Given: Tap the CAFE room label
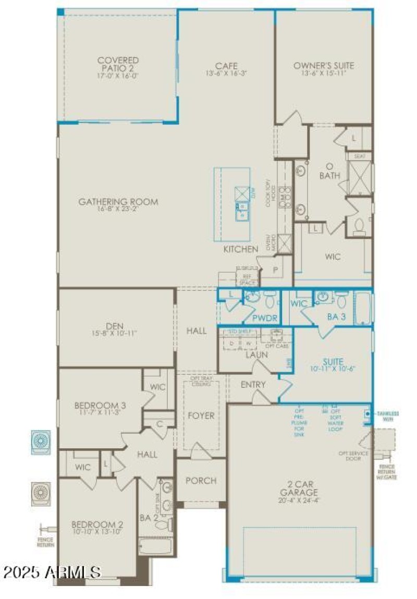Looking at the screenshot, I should pos(226,66).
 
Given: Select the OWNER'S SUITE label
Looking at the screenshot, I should pos(323,66).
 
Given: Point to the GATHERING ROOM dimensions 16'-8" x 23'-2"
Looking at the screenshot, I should pos(118,210).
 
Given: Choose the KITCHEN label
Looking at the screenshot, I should pos(240,250).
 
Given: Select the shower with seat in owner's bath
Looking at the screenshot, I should pos(360,178).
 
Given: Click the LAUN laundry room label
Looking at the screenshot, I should pos(256,354).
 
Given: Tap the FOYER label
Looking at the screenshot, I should pos(201,415).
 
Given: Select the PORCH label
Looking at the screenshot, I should pos(201,481).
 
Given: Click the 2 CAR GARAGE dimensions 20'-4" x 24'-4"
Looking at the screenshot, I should pos(298,499).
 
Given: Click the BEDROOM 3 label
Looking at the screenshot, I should pos(100,405).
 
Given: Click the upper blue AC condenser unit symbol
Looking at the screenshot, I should pos(41,442).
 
